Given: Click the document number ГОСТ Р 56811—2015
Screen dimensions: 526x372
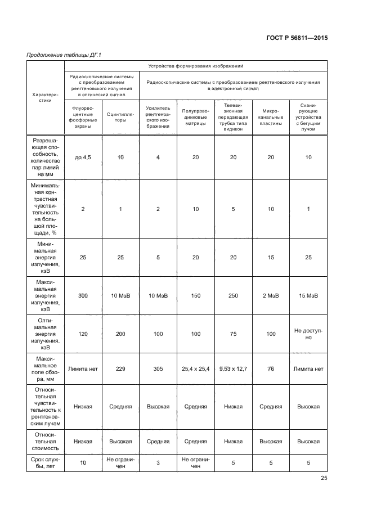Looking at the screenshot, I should click(297, 38).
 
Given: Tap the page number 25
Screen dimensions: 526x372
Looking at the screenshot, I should click(324, 478).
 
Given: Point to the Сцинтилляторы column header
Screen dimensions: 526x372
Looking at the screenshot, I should click(120, 120).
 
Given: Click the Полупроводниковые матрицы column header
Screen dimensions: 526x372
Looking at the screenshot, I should click(195, 120).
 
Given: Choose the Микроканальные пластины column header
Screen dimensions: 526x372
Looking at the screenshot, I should click(271, 120).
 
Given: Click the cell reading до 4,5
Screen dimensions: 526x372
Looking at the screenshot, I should click(83, 158).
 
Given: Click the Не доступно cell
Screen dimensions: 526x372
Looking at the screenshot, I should click(308, 334).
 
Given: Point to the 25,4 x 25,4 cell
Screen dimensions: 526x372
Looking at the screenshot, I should click(195, 369).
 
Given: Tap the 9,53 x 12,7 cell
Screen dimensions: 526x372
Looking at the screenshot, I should click(233, 369).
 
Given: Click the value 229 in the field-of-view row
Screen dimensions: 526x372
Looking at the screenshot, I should click(120, 369).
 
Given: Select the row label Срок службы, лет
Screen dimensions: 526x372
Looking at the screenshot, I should click(46, 464).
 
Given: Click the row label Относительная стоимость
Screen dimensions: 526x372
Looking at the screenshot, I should click(46, 442).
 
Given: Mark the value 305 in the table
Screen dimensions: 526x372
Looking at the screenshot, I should click(158, 369).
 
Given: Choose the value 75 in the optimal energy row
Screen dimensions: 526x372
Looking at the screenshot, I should click(233, 334).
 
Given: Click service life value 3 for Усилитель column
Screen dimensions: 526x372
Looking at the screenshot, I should click(158, 464).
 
